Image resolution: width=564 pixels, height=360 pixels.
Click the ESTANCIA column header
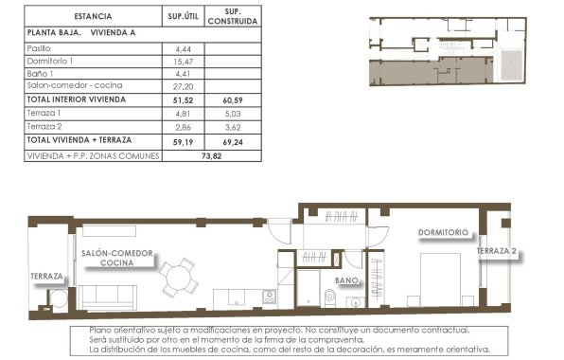click(x=91, y=16)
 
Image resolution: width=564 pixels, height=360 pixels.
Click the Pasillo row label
click(x=41, y=47)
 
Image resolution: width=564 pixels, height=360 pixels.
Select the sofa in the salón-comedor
click(x=107, y=295)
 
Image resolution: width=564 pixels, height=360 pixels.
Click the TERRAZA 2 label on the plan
click(x=498, y=252)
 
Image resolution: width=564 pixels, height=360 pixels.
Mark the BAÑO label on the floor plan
click(x=347, y=280)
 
